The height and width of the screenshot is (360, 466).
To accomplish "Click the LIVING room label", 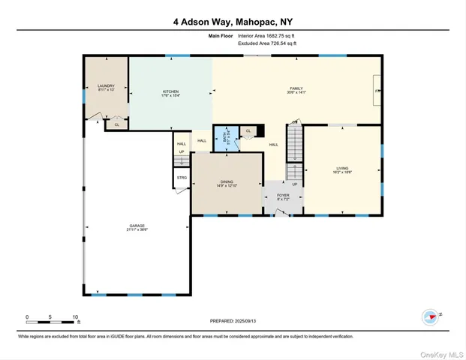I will point(342,169).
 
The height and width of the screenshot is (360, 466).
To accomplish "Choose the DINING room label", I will point(227,183).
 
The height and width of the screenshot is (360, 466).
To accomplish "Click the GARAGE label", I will point(136,226).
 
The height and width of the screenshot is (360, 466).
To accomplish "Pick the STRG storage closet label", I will point(182,178).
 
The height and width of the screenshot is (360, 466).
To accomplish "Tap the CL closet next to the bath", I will point(248,131).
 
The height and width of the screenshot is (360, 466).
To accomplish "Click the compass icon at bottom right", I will point(430,316).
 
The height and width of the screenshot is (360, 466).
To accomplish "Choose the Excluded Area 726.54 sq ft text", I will point(267,44).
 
